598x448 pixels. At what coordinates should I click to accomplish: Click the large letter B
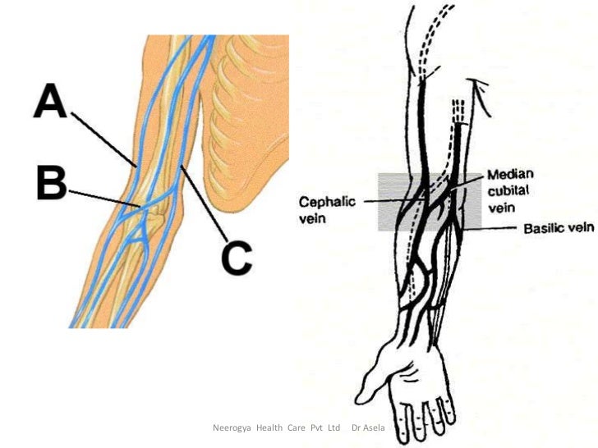[51, 183]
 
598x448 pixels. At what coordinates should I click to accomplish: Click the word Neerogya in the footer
[233, 428]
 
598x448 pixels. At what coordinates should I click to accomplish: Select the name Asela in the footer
[374, 428]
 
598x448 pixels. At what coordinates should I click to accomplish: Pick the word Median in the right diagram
[511, 175]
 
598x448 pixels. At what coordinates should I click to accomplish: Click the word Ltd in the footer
[333, 428]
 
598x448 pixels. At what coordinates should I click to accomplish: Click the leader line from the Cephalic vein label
[394, 200]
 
